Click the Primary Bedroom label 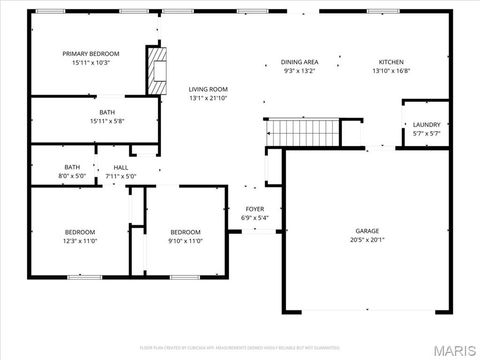point(91,54)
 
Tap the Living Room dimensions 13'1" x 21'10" point(208,98)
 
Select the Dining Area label point(299,61)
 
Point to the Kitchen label point(391,61)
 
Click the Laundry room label point(427,125)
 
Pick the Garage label point(367,231)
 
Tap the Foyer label point(255,209)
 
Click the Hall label point(120,168)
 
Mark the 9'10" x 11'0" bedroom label point(185,236)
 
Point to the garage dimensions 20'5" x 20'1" point(367,240)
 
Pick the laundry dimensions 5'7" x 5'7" point(427,133)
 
